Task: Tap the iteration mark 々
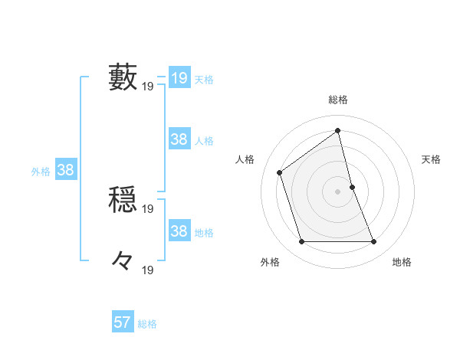click(123, 261)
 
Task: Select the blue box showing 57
click(123, 322)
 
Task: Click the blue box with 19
click(179, 78)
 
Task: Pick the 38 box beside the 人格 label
click(179, 139)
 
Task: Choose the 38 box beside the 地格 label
click(179, 231)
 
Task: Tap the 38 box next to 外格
click(65, 170)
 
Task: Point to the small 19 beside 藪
click(148, 87)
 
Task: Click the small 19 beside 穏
click(148, 209)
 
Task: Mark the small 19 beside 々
click(148, 270)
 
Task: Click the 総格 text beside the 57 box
click(147, 324)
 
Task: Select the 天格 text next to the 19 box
click(204, 80)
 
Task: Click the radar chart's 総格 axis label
click(338, 100)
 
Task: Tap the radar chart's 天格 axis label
click(432, 159)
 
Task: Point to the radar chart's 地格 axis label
click(402, 262)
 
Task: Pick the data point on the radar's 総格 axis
click(338, 129)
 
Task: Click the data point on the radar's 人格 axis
click(280, 172)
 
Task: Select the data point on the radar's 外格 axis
click(301, 242)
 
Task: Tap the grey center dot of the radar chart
click(338, 191)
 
